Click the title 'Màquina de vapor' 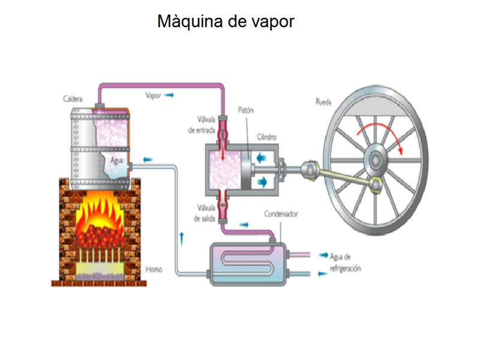coord(226,22)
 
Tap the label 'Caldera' coord(73,98)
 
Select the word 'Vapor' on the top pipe coord(154,95)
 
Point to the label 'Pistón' coord(246,110)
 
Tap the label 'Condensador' coord(281,214)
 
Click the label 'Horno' coord(154,269)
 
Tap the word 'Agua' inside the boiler coord(117,160)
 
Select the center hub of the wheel coord(377,160)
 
